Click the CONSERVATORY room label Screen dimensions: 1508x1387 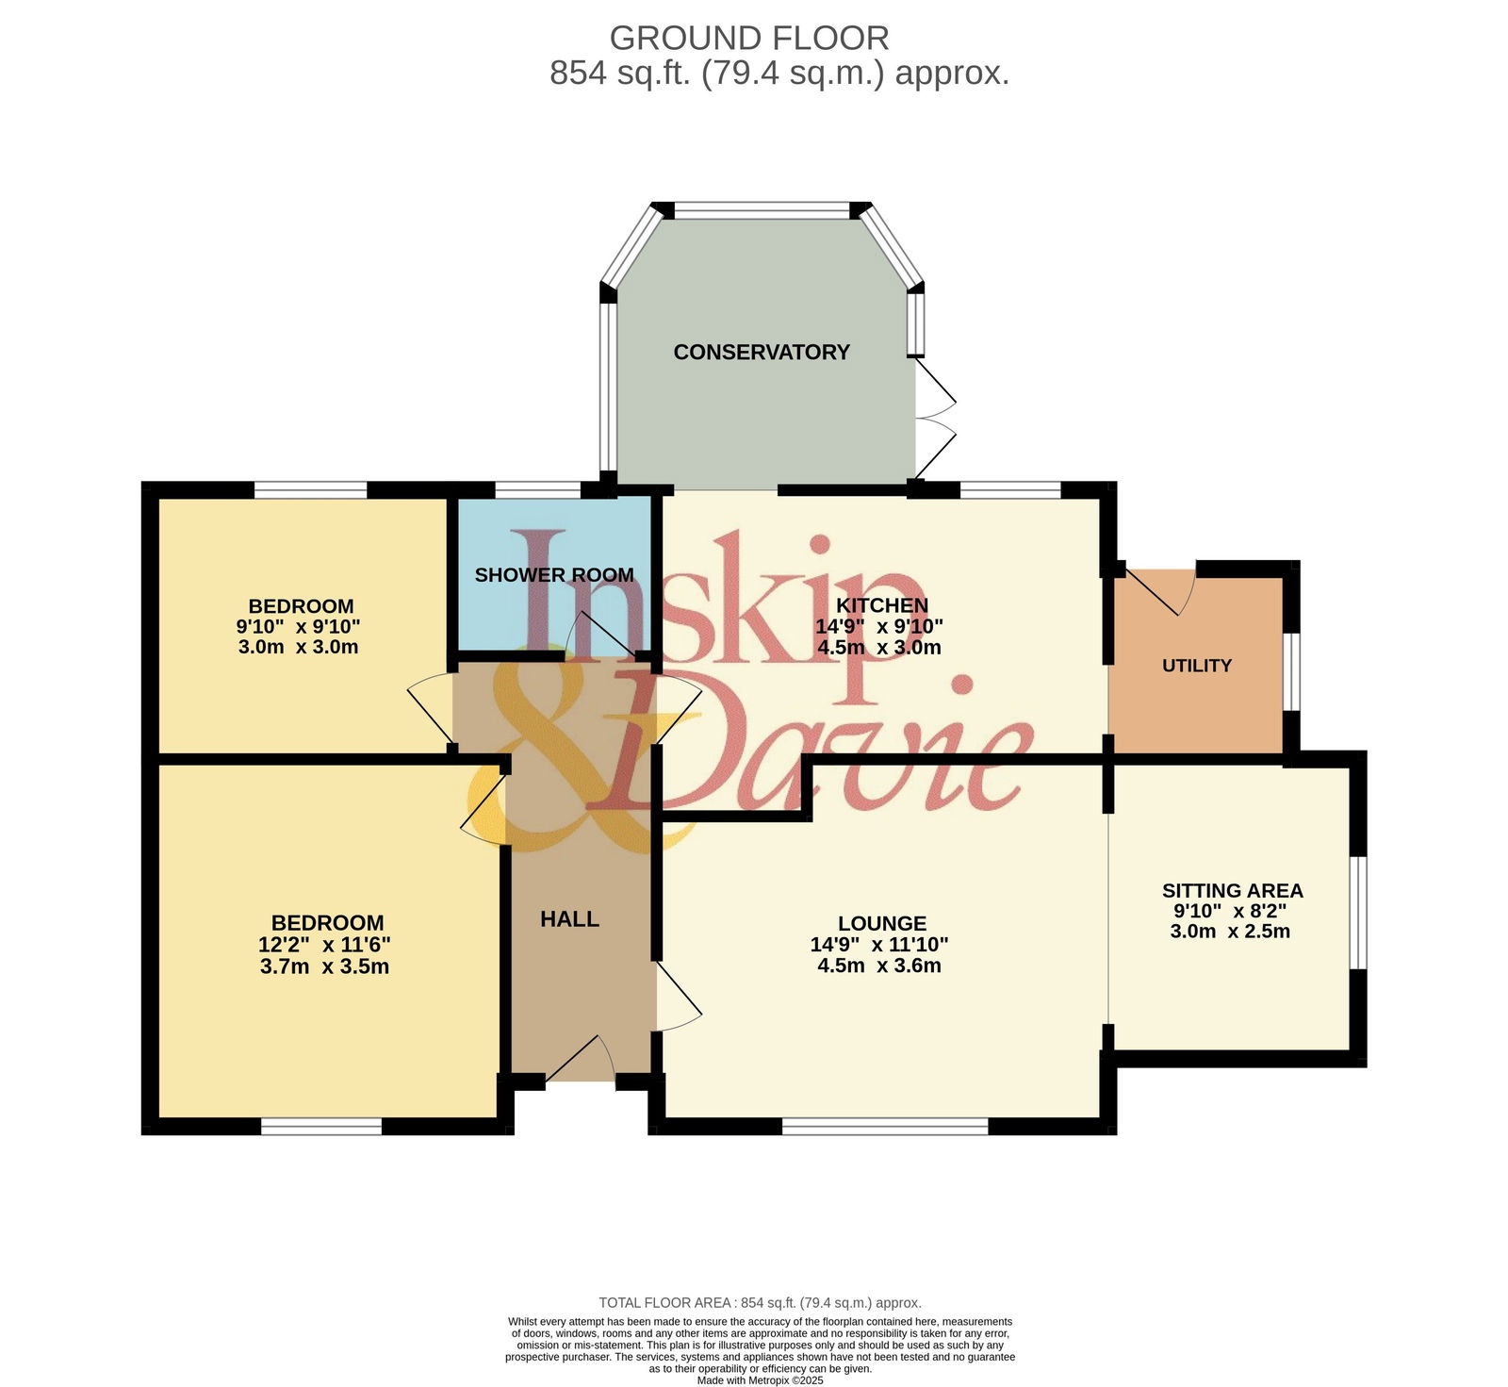[762, 352]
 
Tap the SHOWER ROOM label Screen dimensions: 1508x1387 [554, 575]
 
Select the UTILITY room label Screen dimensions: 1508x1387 [1197, 666]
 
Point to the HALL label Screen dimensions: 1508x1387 [569, 919]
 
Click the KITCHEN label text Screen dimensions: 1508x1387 [882, 605]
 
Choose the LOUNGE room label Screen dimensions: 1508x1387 [882, 924]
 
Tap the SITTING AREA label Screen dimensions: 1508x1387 [1232, 891]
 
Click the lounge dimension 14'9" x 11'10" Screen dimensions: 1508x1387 [879, 945]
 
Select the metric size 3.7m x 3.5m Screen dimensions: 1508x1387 [324, 966]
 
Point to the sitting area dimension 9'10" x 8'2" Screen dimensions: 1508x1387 [1230, 912]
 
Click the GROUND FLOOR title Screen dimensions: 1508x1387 [749, 39]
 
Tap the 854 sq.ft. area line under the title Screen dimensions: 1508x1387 [779, 73]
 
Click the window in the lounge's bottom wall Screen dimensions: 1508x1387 [885, 1126]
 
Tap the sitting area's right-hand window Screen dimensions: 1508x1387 [1358, 913]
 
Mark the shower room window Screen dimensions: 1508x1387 [538, 489]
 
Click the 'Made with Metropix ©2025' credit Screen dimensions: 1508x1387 [761, 1380]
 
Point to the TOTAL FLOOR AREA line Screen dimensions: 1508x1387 [761, 1303]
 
